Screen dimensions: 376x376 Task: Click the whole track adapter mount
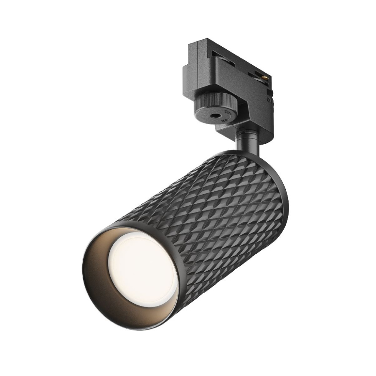pyautogui.click(x=230, y=84)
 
